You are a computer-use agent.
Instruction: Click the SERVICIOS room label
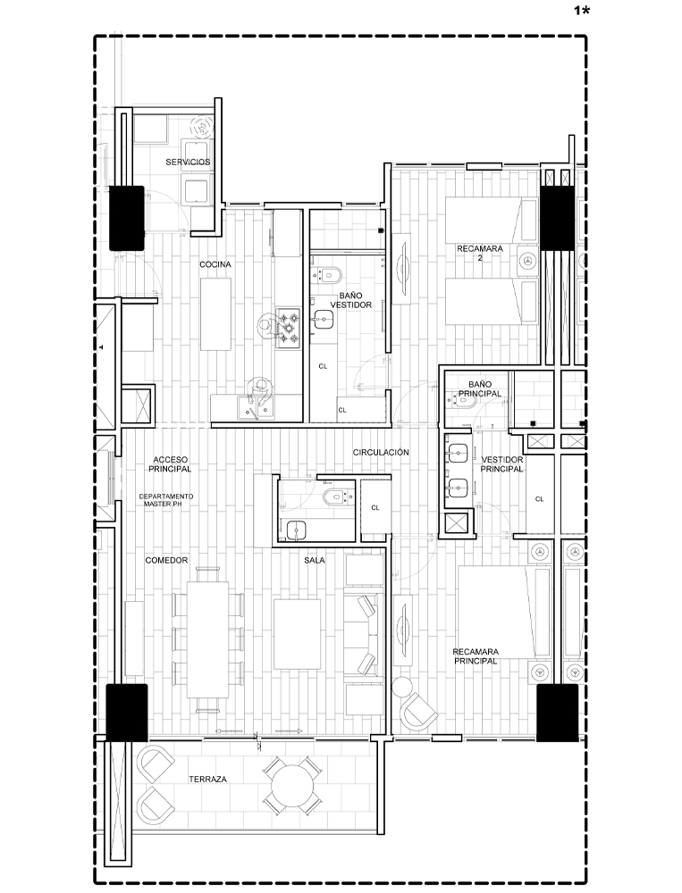pos(188,162)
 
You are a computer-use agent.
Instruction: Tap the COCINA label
pos(215,264)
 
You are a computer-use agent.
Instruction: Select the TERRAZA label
pos(207,779)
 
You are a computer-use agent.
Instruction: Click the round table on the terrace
pos(293,787)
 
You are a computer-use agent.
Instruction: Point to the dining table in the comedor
pos(207,638)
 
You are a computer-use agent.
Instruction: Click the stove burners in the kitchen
pos(288,328)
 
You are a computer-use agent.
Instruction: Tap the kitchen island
pos(215,313)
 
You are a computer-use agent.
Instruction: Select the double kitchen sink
pos(256,408)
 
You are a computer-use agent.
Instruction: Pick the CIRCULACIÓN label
pos(381,452)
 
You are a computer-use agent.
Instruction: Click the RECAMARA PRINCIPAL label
pos(475,656)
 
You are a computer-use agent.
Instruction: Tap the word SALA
pos(315,561)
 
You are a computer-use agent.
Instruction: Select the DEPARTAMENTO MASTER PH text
pos(166,500)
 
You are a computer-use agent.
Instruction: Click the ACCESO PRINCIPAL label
pos(170,464)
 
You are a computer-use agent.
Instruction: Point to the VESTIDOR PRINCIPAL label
pos(501,464)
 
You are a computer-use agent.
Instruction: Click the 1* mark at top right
pos(581,11)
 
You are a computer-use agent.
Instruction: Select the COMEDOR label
pos(166,561)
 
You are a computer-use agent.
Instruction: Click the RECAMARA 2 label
pos(480,253)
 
